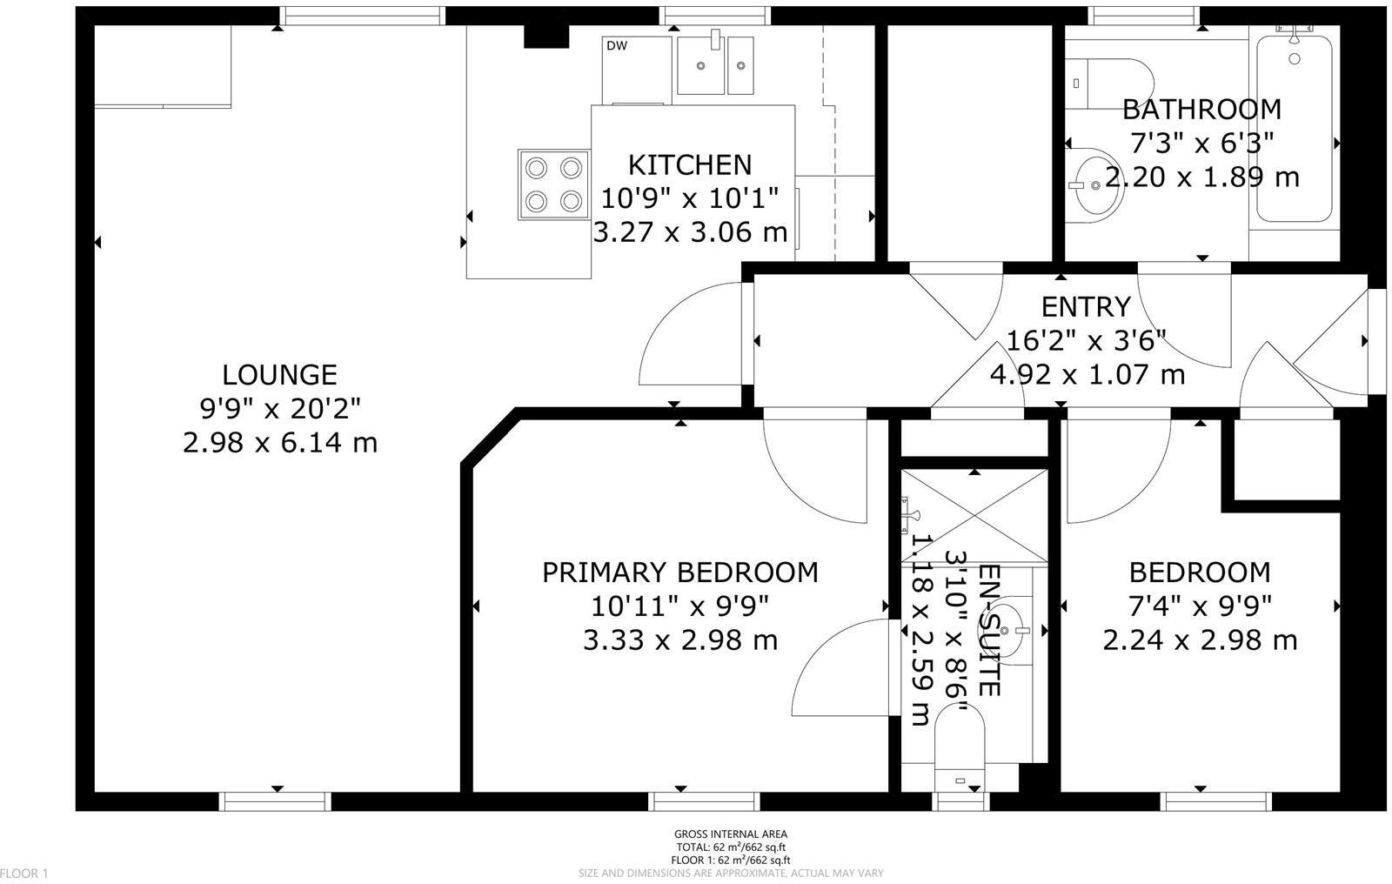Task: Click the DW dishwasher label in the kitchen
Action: coord(617,46)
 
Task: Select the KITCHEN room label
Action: coord(689,164)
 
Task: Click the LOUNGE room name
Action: coord(279,375)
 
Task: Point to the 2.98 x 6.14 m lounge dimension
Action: coord(279,443)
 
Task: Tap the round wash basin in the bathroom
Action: coord(1094,182)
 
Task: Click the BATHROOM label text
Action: coord(1201,110)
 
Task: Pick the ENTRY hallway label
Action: coord(1086,307)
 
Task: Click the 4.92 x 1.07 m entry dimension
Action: coord(1087,375)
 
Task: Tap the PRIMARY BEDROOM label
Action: coord(679,573)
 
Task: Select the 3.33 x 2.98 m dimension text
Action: coord(679,640)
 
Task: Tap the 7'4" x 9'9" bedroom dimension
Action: coord(1200,606)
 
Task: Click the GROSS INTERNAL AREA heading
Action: coord(730,834)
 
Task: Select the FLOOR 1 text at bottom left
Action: coord(24,873)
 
